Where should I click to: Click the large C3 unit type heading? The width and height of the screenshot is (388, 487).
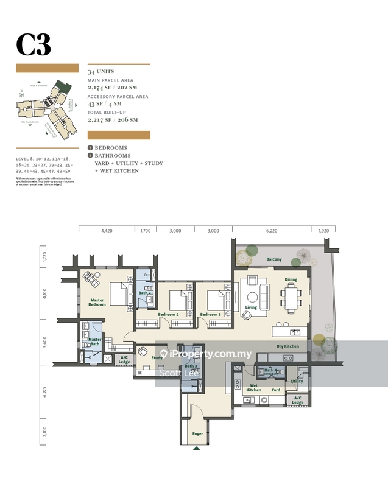point(34,44)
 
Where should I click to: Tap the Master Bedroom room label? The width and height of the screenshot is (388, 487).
point(97,302)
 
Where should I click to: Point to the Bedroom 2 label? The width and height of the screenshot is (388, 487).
point(168,314)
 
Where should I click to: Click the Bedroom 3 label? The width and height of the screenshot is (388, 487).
point(211,314)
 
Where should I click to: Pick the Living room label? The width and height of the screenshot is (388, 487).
point(251,307)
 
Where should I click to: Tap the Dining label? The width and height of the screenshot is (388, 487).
point(291,280)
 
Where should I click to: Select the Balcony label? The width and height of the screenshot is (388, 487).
point(273,259)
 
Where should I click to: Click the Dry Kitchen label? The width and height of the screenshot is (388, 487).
point(287,346)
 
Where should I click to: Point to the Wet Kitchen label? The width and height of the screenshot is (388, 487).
point(253,387)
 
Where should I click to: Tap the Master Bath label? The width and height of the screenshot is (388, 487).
point(95,342)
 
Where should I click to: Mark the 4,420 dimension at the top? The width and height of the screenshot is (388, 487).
point(107,231)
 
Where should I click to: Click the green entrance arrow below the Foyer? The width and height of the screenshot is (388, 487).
point(196,449)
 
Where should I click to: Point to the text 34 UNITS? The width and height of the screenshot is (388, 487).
point(101,72)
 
